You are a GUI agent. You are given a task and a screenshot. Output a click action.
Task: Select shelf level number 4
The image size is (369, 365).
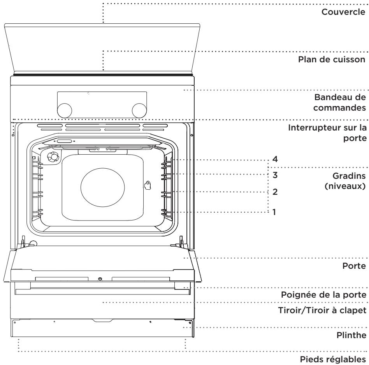pos(275,160)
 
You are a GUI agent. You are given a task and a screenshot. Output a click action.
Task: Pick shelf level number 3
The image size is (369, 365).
pos(275,175)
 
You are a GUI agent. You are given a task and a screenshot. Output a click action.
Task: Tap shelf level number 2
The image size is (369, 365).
pos(275,192)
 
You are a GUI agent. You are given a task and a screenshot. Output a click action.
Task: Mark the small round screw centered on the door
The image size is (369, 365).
pos(100,279)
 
